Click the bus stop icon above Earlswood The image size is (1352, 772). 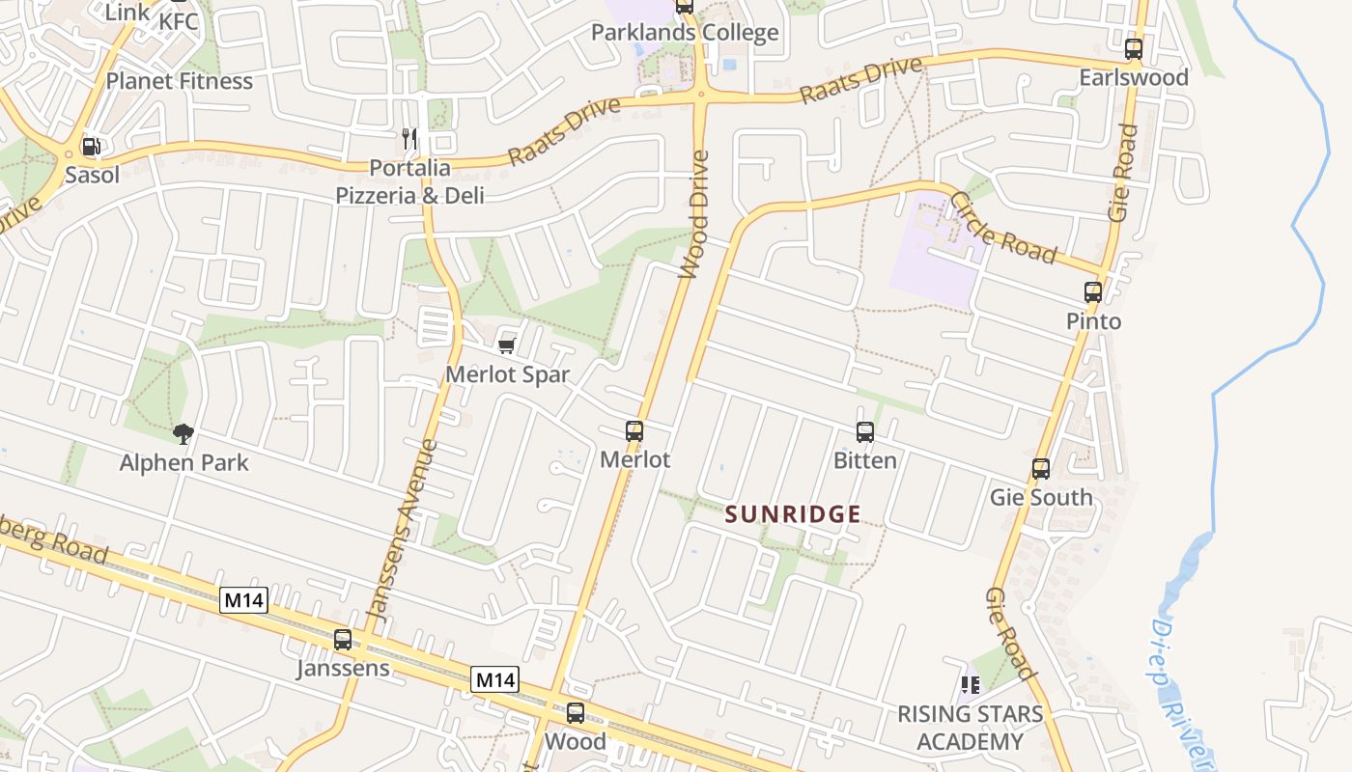pyautogui.click(x=1133, y=48)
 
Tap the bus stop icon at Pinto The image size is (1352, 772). pyautogui.click(x=1092, y=292)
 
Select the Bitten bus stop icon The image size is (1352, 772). pyautogui.click(x=865, y=432)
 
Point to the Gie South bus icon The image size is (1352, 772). pyautogui.click(x=1040, y=469)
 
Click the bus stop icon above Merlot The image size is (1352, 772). pyautogui.click(x=634, y=431)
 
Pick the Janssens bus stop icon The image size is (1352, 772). pyautogui.click(x=343, y=640)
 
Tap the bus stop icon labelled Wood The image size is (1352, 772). pyautogui.click(x=576, y=713)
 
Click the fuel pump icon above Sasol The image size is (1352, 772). pyautogui.click(x=92, y=147)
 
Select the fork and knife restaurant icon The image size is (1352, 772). pyautogui.click(x=410, y=139)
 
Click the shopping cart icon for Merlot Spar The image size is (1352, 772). pyautogui.click(x=506, y=345)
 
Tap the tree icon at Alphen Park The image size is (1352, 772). pyautogui.click(x=183, y=434)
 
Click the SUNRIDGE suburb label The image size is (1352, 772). pyautogui.click(x=793, y=514)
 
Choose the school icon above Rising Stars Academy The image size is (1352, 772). pyautogui.click(x=971, y=685)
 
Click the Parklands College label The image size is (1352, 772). pyautogui.click(x=684, y=33)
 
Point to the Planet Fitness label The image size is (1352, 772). pyautogui.click(x=180, y=81)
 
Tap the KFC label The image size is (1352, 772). pyautogui.click(x=179, y=20)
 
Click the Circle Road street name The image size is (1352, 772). pyautogui.click(x=1003, y=228)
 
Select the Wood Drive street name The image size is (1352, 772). pyautogui.click(x=694, y=214)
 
